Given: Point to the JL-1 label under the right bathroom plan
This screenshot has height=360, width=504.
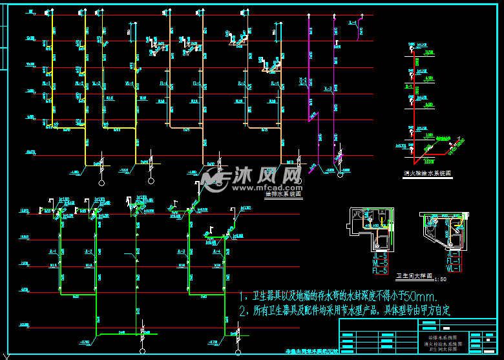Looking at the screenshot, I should [x=453, y=255].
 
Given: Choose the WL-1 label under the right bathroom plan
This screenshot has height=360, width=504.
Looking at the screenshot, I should [x=453, y=268].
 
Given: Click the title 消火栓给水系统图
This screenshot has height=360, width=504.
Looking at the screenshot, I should [x=427, y=173].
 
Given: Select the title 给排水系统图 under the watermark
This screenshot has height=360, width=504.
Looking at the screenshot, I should [x=284, y=193].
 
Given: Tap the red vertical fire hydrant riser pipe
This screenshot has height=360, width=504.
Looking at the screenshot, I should [x=411, y=103].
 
